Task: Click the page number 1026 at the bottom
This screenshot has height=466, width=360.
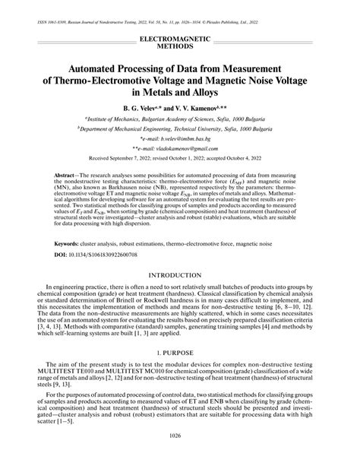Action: pyautogui.click(x=180, y=456)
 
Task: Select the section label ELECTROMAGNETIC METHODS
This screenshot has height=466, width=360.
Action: pyautogui.click(x=180, y=41)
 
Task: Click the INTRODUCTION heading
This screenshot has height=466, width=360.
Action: pyautogui.click(x=180, y=274)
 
